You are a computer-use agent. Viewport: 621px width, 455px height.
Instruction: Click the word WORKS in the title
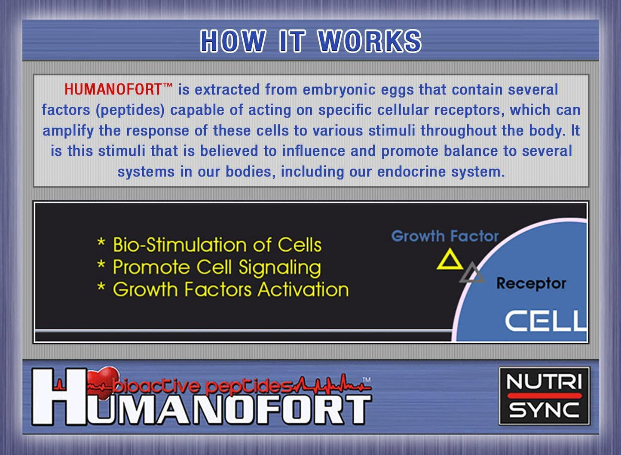pyautogui.click(x=370, y=41)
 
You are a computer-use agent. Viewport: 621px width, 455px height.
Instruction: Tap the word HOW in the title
pyautogui.click(x=233, y=41)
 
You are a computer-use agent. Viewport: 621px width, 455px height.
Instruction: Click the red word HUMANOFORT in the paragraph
pyautogui.click(x=113, y=89)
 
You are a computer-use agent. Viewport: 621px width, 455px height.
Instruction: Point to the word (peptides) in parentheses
pyautogui.click(x=130, y=111)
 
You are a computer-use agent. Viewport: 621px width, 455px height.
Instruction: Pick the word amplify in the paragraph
pyautogui.click(x=68, y=131)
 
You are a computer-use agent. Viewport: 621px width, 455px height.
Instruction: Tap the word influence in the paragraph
pyautogui.click(x=314, y=151)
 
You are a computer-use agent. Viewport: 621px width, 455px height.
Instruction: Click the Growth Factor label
pyautogui.click(x=445, y=236)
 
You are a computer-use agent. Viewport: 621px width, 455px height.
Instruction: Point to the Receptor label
pyautogui.click(x=531, y=283)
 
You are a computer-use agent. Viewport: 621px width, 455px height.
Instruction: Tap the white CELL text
pyautogui.click(x=546, y=321)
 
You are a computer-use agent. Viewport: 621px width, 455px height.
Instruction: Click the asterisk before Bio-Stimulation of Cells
pyautogui.click(x=101, y=242)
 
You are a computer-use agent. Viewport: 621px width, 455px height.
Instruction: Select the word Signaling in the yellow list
pyautogui.click(x=280, y=268)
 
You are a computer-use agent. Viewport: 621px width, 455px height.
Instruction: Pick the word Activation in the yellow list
pyautogui.click(x=303, y=290)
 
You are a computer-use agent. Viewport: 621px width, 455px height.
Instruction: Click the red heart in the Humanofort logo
pyautogui.click(x=103, y=383)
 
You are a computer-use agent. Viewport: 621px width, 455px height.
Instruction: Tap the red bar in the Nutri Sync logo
pyautogui.click(x=545, y=395)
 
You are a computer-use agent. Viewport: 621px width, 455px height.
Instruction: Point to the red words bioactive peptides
pyautogui.click(x=202, y=386)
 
